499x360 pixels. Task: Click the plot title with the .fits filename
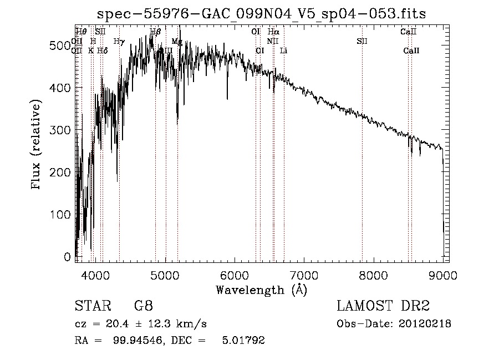click(x=262, y=14)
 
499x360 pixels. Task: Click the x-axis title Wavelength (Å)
click(x=261, y=290)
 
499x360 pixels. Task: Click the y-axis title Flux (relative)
click(x=37, y=145)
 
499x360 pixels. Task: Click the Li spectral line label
click(x=284, y=50)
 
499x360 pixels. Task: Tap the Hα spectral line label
click(x=273, y=32)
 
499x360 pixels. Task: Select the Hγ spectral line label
click(x=119, y=41)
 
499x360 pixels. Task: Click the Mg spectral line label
click(x=177, y=41)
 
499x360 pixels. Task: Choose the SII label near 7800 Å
click(x=362, y=41)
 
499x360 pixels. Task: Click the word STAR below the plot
click(x=92, y=306)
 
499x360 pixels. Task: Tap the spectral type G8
click(x=143, y=306)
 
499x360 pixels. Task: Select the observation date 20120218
click(x=425, y=323)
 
